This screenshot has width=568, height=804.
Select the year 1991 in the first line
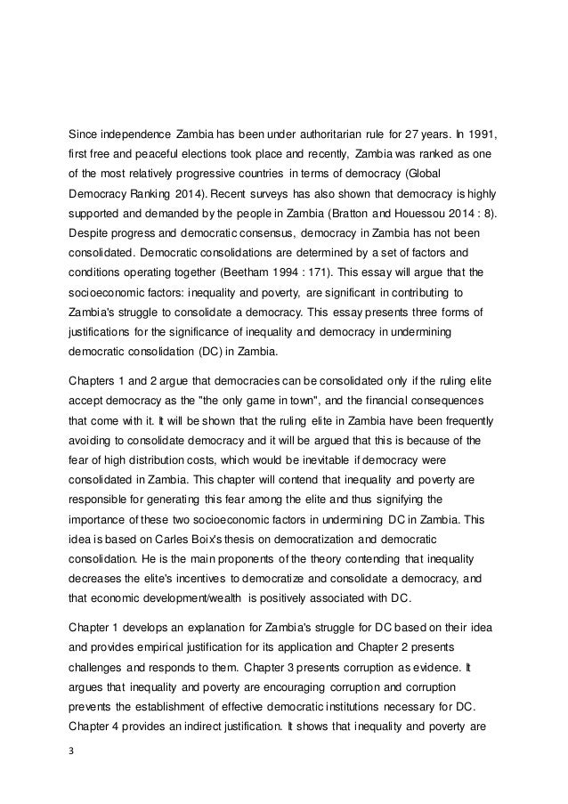[479, 135]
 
